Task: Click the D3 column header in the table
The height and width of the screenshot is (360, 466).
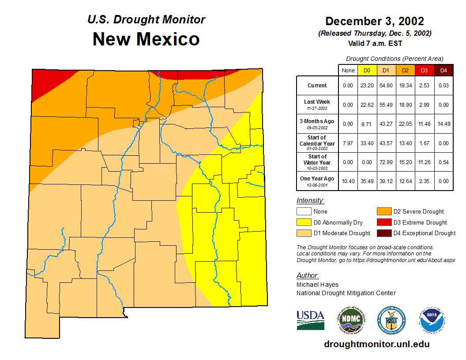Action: click(424, 70)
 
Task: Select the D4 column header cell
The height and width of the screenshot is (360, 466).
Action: click(443, 70)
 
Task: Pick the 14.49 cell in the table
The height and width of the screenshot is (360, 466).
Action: click(443, 124)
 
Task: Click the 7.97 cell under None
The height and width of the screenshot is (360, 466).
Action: click(348, 143)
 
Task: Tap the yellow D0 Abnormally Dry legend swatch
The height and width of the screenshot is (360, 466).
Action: click(304, 222)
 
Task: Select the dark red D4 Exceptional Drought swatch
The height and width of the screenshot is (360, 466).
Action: click(383, 233)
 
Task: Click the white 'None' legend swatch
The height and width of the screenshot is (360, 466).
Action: click(304, 212)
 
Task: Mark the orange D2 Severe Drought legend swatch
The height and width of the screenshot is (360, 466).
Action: click(383, 212)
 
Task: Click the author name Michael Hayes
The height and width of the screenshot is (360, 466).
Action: click(317, 285)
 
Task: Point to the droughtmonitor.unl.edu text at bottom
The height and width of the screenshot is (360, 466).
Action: click(376, 344)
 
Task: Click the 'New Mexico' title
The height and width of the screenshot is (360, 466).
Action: click(146, 39)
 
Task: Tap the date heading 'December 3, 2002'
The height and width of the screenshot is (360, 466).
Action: click(375, 21)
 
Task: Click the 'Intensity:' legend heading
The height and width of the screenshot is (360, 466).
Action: click(310, 201)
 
